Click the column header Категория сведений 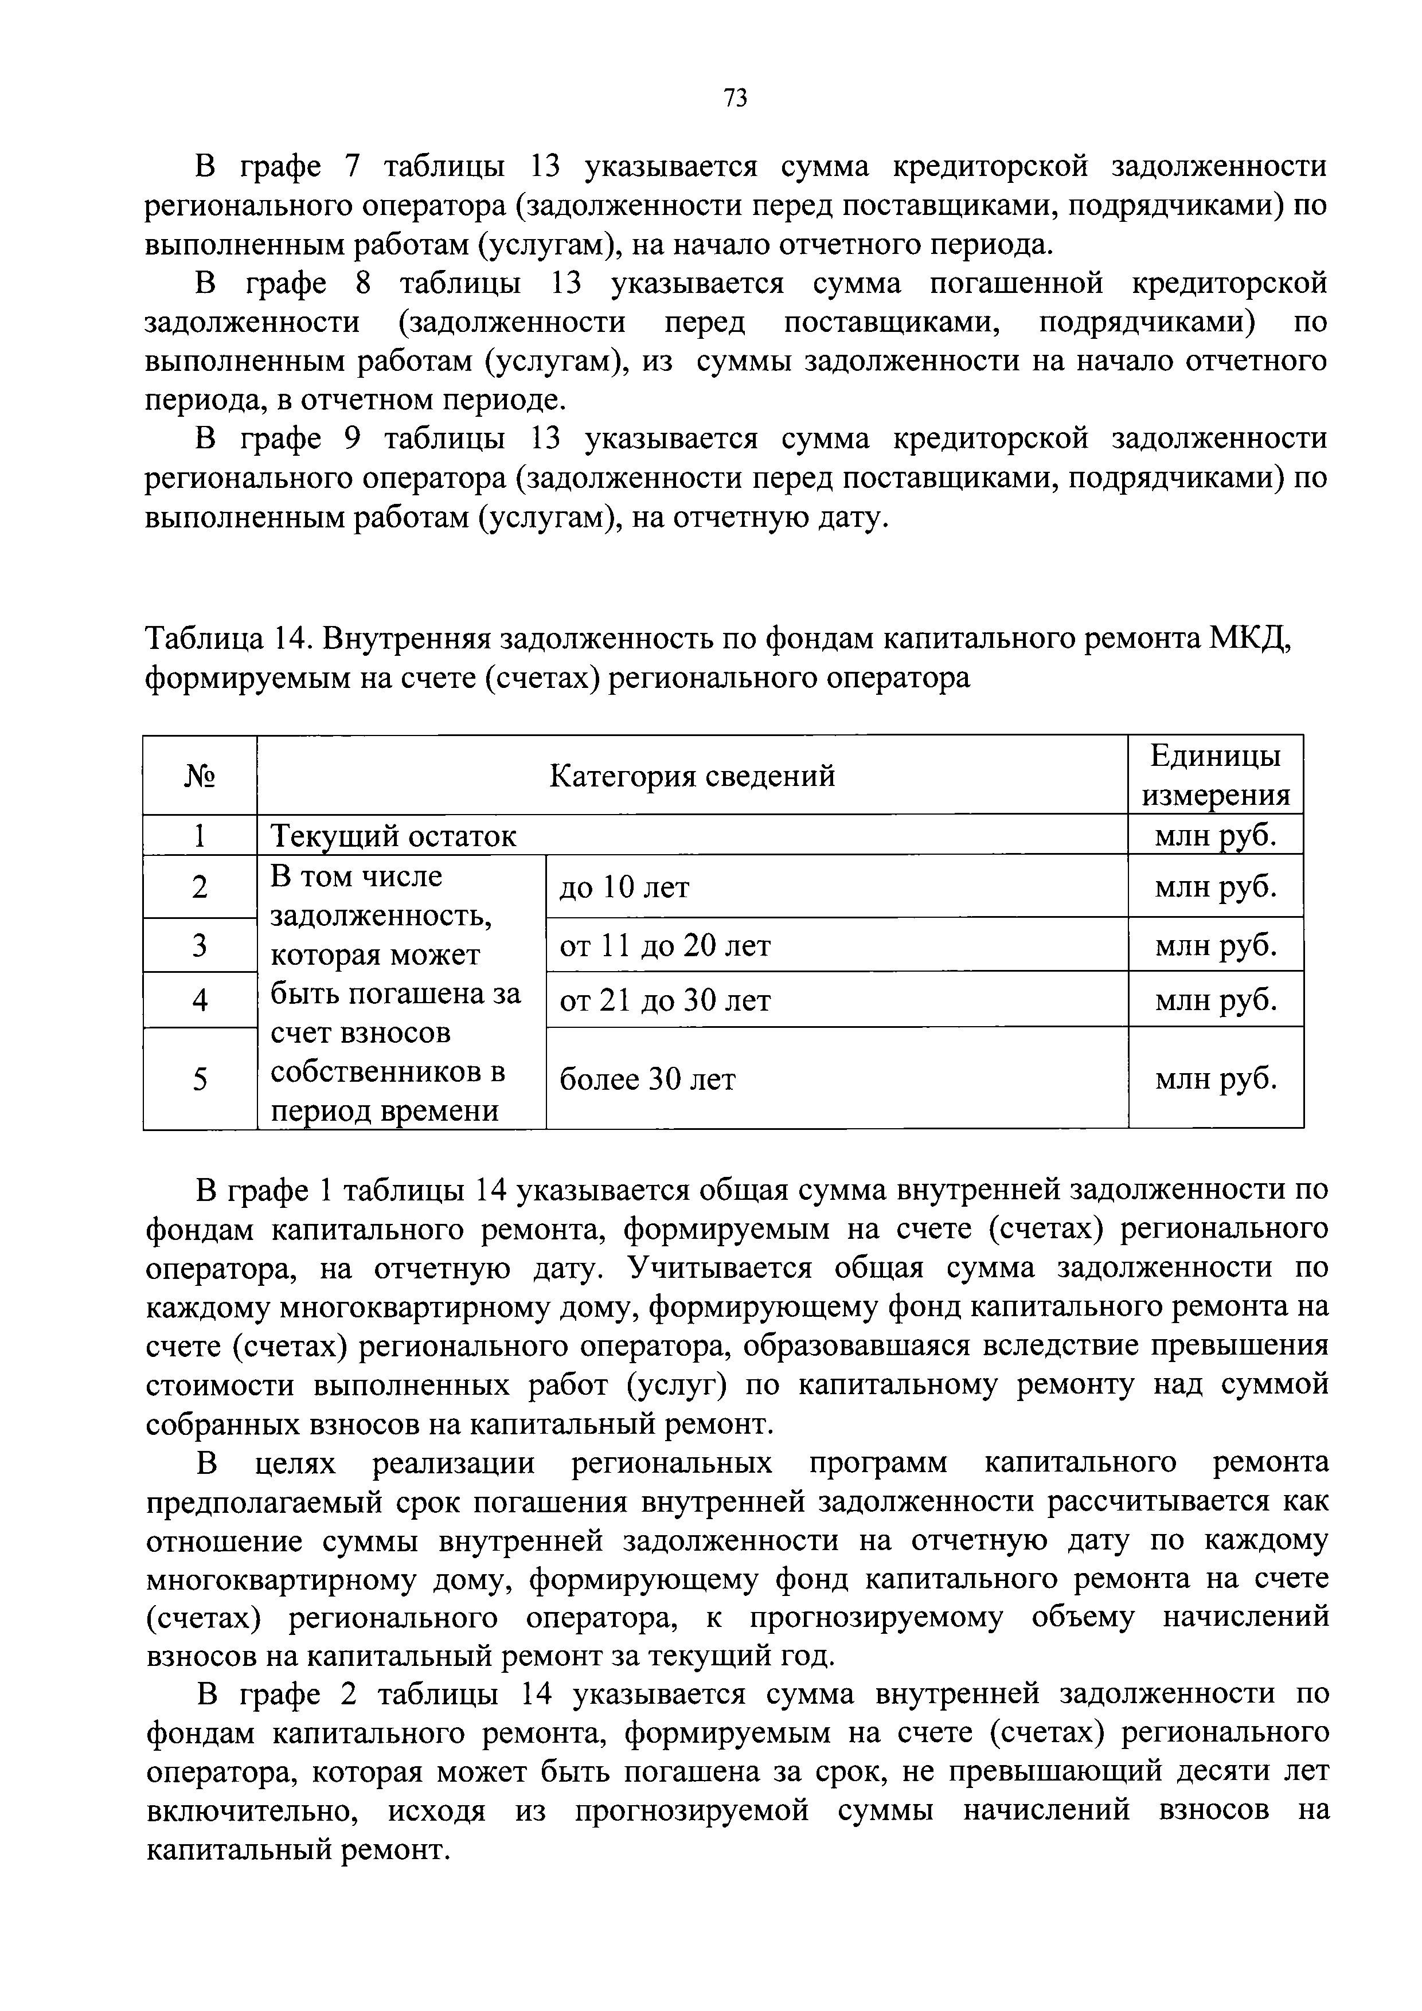(x=692, y=775)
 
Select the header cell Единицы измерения (x=1214, y=775)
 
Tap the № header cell (x=200, y=775)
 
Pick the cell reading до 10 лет (x=624, y=887)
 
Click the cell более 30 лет (x=647, y=1079)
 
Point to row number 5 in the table (x=200, y=1079)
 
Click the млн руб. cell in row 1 (x=1214, y=836)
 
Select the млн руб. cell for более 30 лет (x=1214, y=1079)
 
